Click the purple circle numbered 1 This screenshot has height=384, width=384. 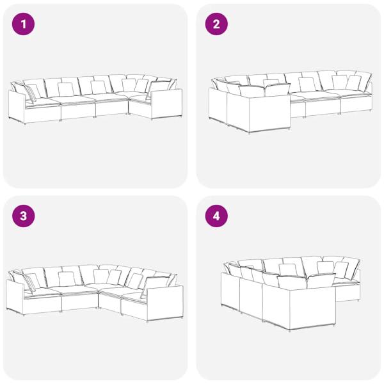pyautogui.click(x=23, y=24)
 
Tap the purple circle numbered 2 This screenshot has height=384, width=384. pyautogui.click(x=216, y=24)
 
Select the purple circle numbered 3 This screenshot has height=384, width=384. pyautogui.click(x=23, y=216)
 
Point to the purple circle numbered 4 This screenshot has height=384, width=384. pyautogui.click(x=216, y=216)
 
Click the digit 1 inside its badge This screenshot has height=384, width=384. pyautogui.click(x=24, y=24)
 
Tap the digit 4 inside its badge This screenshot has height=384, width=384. pyautogui.click(x=216, y=216)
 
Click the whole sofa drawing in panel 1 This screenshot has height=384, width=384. pyautogui.click(x=95, y=99)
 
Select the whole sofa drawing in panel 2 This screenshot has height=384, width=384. pyautogui.click(x=291, y=102)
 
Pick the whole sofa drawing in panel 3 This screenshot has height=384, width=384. pyautogui.click(x=95, y=293)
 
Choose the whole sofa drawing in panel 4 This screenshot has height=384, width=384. pyautogui.click(x=291, y=294)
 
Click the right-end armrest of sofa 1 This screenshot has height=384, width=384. pyautogui.click(x=166, y=104)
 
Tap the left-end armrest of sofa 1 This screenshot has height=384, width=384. pyautogui.click(x=17, y=107)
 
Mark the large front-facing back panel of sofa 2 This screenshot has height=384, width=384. pyautogui.click(x=269, y=113)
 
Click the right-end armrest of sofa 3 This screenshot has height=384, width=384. pyautogui.click(x=164, y=303)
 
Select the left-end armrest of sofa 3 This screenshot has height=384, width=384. pyautogui.click(x=15, y=297)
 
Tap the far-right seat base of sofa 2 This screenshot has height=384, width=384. pyautogui.click(x=356, y=104)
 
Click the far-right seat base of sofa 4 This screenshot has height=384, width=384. pyautogui.click(x=348, y=292)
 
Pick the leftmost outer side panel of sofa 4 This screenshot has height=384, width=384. pyautogui.click(x=230, y=291)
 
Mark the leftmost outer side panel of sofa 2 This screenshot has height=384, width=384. pyautogui.click(x=218, y=105)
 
